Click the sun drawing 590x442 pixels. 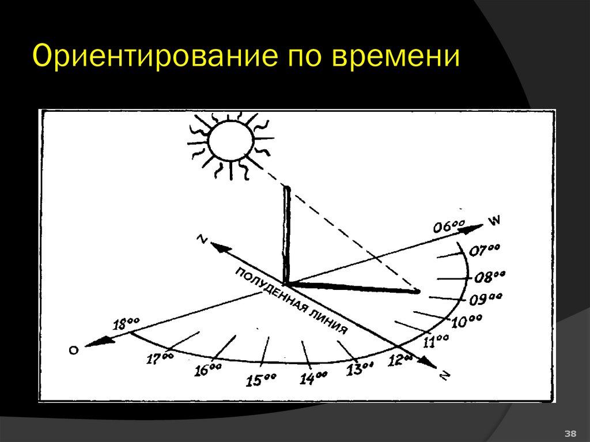point(230,140)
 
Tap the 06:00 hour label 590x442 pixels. point(449,226)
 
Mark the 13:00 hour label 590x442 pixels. point(360,369)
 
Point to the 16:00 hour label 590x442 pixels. point(208,369)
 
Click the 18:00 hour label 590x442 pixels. point(126,324)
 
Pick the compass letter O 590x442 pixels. point(73,350)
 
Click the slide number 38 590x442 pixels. point(570,433)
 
